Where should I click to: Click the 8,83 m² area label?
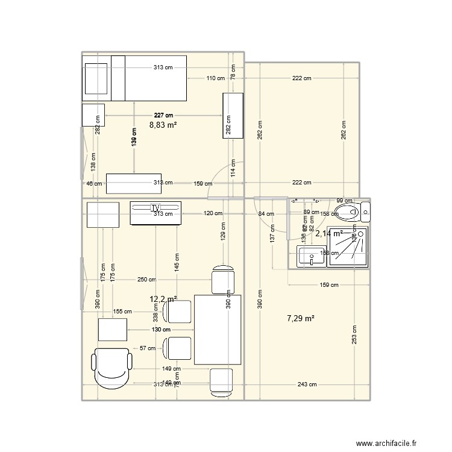click(x=163, y=125)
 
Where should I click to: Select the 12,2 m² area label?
click(x=163, y=299)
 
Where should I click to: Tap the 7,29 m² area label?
click(x=302, y=318)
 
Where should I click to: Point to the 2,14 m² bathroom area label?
click(x=329, y=233)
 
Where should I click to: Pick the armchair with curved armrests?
click(x=111, y=367)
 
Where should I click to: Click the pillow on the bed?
click(x=96, y=78)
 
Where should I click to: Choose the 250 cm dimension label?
click(x=146, y=280)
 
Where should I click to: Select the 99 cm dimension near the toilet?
click(x=344, y=201)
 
